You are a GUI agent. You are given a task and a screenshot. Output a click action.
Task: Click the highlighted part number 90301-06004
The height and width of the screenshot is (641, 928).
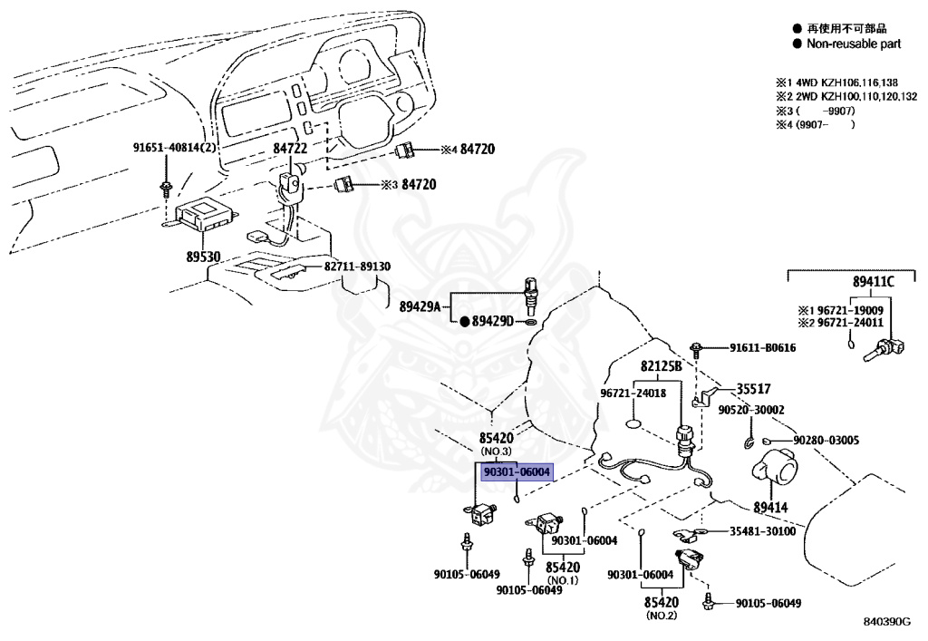click(517, 472)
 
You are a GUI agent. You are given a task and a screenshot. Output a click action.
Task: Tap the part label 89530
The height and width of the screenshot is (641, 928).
click(203, 257)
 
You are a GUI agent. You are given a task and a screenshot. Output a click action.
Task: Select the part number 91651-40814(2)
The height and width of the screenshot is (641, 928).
click(175, 148)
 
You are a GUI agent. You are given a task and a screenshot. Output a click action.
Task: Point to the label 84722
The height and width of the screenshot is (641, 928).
click(290, 149)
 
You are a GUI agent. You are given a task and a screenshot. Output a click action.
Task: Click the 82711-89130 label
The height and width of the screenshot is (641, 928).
click(357, 267)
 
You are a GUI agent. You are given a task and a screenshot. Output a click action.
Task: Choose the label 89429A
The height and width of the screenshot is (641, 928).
click(420, 306)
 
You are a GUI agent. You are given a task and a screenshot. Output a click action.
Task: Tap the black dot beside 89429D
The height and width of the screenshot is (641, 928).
click(465, 321)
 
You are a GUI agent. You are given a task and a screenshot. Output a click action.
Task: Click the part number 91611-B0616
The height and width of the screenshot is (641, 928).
click(762, 347)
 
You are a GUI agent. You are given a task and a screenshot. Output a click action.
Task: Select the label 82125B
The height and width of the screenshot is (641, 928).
click(661, 366)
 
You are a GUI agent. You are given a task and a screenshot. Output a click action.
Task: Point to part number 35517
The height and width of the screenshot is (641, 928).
click(753, 389)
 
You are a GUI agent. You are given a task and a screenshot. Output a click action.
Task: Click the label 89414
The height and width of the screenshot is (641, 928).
click(770, 507)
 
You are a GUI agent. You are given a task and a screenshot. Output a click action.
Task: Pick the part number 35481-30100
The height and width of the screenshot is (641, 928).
click(762, 531)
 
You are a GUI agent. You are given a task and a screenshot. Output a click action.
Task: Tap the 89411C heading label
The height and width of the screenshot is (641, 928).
click(874, 282)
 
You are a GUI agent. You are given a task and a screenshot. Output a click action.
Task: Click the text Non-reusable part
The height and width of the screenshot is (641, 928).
click(854, 44)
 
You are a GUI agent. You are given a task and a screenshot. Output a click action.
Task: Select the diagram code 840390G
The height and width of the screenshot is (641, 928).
click(886, 621)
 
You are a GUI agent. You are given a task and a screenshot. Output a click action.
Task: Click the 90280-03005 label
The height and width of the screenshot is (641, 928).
click(826, 441)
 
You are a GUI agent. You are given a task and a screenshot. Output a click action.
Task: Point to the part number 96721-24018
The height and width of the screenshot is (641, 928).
click(633, 393)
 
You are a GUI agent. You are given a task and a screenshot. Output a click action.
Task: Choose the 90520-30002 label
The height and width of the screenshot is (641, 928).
click(751, 410)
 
